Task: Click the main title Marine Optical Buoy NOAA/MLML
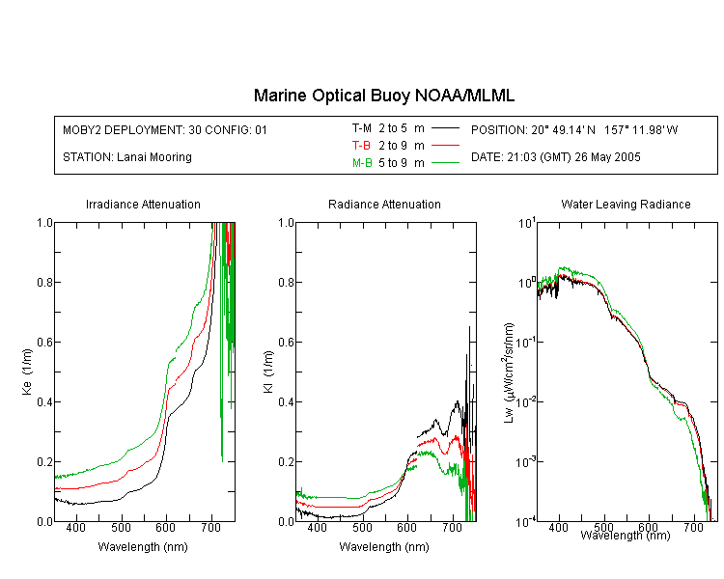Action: click(x=383, y=96)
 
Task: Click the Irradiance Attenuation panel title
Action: click(x=143, y=204)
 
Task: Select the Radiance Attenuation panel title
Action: click(x=384, y=204)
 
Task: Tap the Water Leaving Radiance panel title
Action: click(x=626, y=204)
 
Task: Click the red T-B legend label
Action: click(x=361, y=146)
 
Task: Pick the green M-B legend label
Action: click(x=362, y=162)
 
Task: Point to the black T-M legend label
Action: click(x=362, y=128)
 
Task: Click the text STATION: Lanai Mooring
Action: click(x=127, y=157)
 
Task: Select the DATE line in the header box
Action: click(x=555, y=157)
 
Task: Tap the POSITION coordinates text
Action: click(x=574, y=129)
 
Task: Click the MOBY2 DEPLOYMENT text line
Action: click(x=165, y=129)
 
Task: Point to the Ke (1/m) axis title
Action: click(x=27, y=372)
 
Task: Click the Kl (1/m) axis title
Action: click(x=268, y=372)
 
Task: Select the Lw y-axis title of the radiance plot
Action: click(x=509, y=372)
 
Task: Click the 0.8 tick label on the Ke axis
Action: click(x=44, y=282)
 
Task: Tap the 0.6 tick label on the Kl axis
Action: click(x=286, y=343)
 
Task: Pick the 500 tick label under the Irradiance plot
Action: click(x=121, y=527)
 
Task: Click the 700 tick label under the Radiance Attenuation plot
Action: click(x=452, y=527)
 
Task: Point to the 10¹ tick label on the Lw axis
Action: click(x=527, y=223)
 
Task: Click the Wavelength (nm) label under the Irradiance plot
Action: click(x=143, y=547)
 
